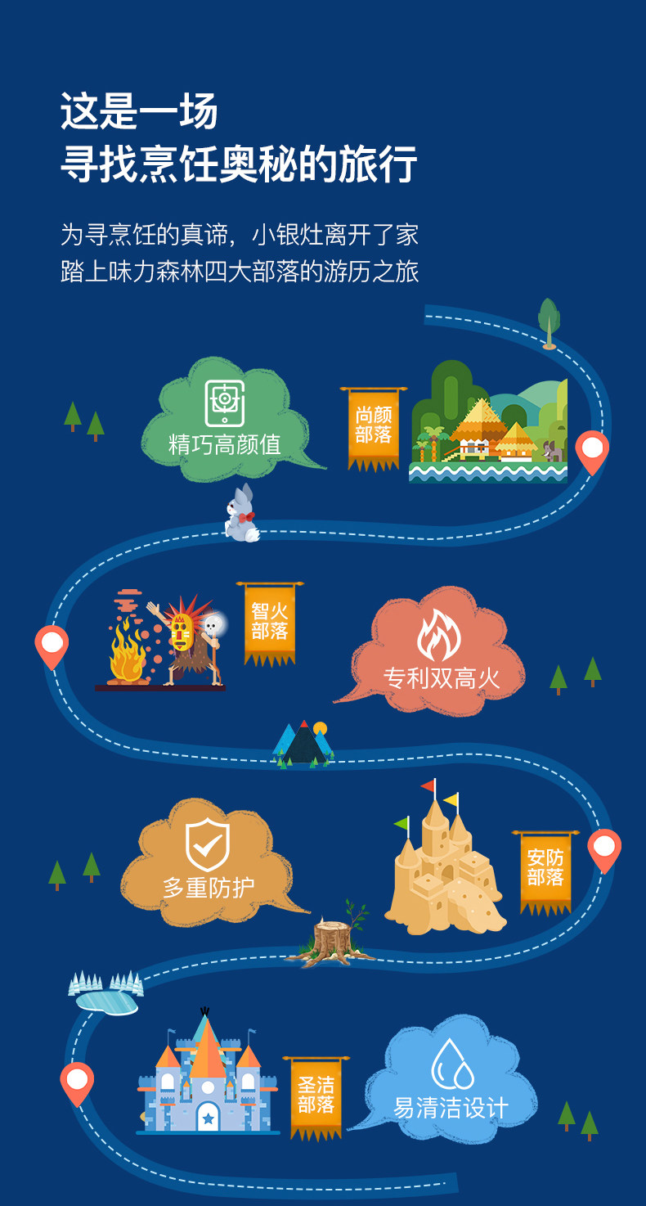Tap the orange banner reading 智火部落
point(270,621)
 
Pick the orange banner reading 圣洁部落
point(316,1096)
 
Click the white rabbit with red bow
point(241,515)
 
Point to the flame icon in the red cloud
point(439,635)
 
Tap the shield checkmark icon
point(208,844)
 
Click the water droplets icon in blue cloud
point(452,1064)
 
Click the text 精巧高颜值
point(224,444)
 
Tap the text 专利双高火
point(442,677)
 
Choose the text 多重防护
point(209,887)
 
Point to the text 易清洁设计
point(451,1108)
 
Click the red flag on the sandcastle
point(428,786)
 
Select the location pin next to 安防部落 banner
point(604,849)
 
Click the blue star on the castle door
point(208,1118)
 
